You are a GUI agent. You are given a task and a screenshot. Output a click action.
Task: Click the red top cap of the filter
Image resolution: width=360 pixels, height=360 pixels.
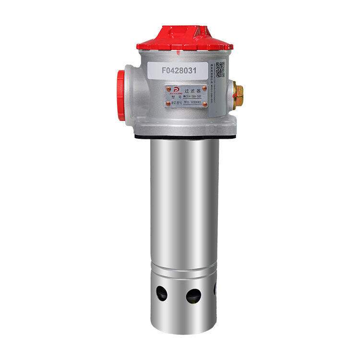(185, 38)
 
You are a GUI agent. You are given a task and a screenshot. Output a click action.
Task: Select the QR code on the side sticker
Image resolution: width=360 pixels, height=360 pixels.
(220, 70)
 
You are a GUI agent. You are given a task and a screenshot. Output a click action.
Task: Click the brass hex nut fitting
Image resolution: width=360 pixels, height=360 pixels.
(238, 94)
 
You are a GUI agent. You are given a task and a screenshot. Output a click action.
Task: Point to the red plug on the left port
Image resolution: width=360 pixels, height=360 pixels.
(120, 95)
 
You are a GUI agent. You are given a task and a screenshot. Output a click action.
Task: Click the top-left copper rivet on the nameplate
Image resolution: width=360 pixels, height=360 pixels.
(168, 88)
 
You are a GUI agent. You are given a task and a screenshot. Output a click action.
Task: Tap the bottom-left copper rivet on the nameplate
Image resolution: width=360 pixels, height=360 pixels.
(168, 103)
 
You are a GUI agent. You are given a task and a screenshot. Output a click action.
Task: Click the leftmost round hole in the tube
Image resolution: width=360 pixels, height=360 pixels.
(162, 294)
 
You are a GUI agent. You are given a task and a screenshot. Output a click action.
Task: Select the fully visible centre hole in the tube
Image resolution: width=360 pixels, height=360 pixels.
(193, 295)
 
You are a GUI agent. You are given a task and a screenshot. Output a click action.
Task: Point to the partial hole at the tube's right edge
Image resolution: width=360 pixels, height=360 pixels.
(215, 289)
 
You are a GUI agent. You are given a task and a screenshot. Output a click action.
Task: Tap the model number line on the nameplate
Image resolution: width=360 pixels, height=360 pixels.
(190, 96)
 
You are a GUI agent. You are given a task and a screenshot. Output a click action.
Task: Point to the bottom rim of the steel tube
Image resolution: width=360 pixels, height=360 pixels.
(185, 331)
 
